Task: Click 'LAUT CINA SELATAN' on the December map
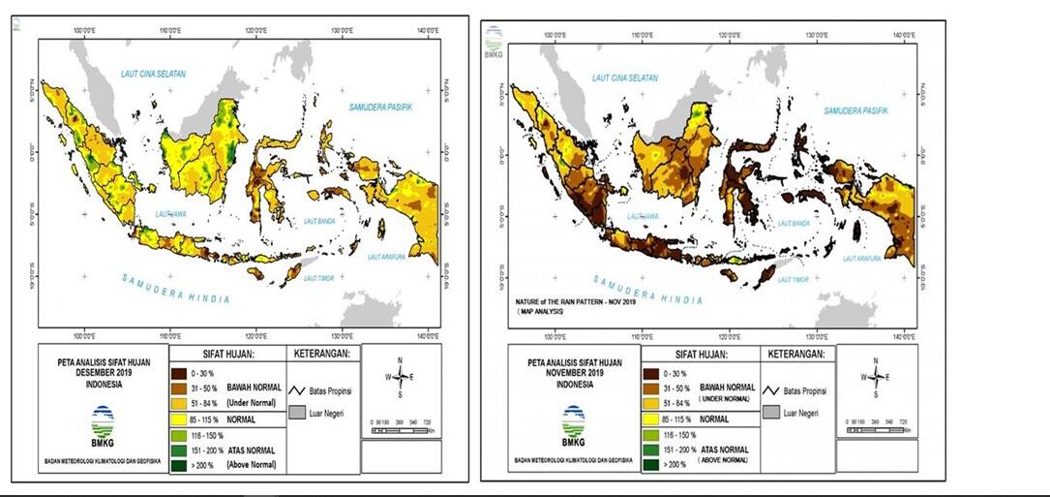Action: (x=153, y=75)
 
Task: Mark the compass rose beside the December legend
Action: (x=400, y=377)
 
